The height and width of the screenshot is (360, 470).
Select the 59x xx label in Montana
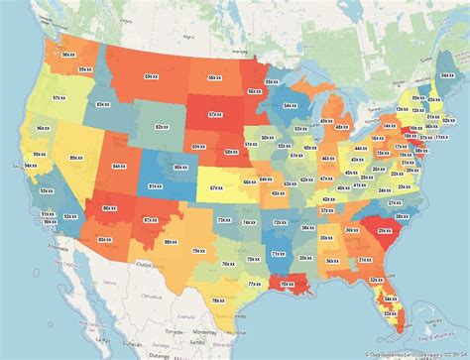(151, 75)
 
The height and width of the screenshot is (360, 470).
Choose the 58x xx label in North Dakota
(214, 76)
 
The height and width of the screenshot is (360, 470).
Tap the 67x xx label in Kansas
(216, 186)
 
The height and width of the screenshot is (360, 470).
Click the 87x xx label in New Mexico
(149, 220)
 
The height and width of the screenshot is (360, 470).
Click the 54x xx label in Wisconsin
(289, 104)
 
